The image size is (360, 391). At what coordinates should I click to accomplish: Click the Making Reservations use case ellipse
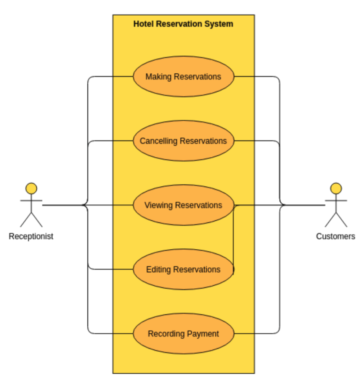point(183,76)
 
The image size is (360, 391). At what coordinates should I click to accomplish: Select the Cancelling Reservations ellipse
point(183,141)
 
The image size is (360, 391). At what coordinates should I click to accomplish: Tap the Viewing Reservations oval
point(183,205)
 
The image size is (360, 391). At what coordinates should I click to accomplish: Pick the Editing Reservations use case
point(183,269)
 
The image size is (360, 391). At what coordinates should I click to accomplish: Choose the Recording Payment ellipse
point(183,333)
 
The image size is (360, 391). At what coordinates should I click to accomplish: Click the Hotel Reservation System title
point(183,24)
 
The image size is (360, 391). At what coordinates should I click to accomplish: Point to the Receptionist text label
point(31,236)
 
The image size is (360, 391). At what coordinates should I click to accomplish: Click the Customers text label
point(336,236)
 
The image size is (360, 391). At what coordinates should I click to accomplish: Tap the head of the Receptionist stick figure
point(31,188)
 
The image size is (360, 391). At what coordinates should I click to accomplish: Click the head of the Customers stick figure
point(336,188)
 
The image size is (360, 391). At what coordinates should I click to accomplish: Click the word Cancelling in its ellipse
point(159,141)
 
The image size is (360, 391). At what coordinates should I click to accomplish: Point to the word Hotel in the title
point(142,24)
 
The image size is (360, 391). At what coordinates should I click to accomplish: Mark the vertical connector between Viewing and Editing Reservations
point(233,237)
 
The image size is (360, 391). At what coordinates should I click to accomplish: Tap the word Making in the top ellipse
point(159,77)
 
